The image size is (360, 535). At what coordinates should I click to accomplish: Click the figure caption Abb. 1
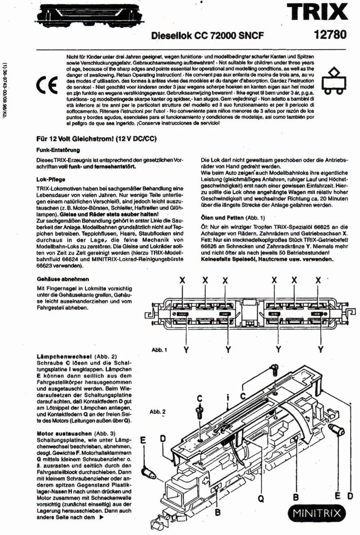coord(159,349)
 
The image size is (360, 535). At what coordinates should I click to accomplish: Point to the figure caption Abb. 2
coord(157,411)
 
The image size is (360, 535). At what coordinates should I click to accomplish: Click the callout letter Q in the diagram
coord(260,498)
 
